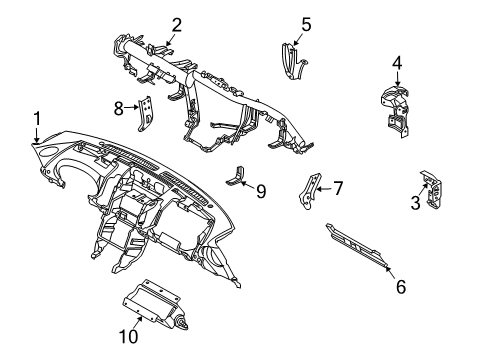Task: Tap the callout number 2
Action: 176,25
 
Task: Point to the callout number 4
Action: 396,63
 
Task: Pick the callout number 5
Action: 306,23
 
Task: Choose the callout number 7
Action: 338,187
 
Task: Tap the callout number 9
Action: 260,190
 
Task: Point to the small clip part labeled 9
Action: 239,176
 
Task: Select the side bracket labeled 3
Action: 435,191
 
